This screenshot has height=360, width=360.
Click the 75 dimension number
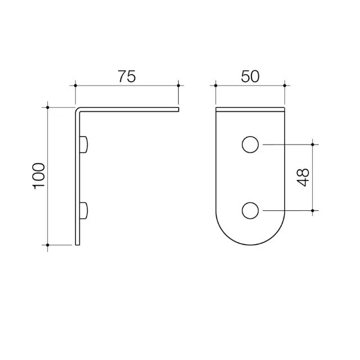click(127, 76)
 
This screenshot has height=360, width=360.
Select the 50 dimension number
click(250, 76)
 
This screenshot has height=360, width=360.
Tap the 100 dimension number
click(39, 176)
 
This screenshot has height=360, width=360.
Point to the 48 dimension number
click(303, 178)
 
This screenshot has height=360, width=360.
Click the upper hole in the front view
click(250, 145)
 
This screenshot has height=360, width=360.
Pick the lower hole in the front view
click(250, 210)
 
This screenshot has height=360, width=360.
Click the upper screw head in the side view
click(84, 145)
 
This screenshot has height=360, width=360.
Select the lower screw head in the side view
click(84, 210)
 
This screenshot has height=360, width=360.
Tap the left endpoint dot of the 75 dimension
click(75, 85)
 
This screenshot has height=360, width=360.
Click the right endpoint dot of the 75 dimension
click(178, 85)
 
